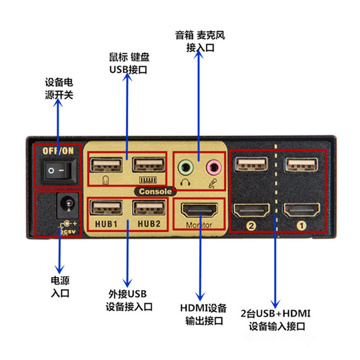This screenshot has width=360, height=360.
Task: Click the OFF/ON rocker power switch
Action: pyautogui.click(x=58, y=171)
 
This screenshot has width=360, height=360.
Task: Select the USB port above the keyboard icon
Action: pyautogui.click(x=148, y=165)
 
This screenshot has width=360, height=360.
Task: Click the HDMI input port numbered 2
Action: pyautogui.click(x=251, y=211)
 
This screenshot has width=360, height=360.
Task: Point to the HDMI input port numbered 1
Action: pyautogui.click(x=301, y=211)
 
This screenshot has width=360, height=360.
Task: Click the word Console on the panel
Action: pyautogui.click(x=155, y=191)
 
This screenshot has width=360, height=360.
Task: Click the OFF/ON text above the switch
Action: pyautogui.click(x=58, y=151)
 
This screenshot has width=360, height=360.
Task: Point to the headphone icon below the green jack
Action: pyautogui.click(x=184, y=182)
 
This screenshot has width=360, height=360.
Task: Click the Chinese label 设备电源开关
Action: pyautogui.click(x=58, y=89)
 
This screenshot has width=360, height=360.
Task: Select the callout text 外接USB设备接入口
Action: pyautogui.click(x=129, y=301)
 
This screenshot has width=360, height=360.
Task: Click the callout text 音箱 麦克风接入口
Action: pyautogui.click(x=200, y=41)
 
